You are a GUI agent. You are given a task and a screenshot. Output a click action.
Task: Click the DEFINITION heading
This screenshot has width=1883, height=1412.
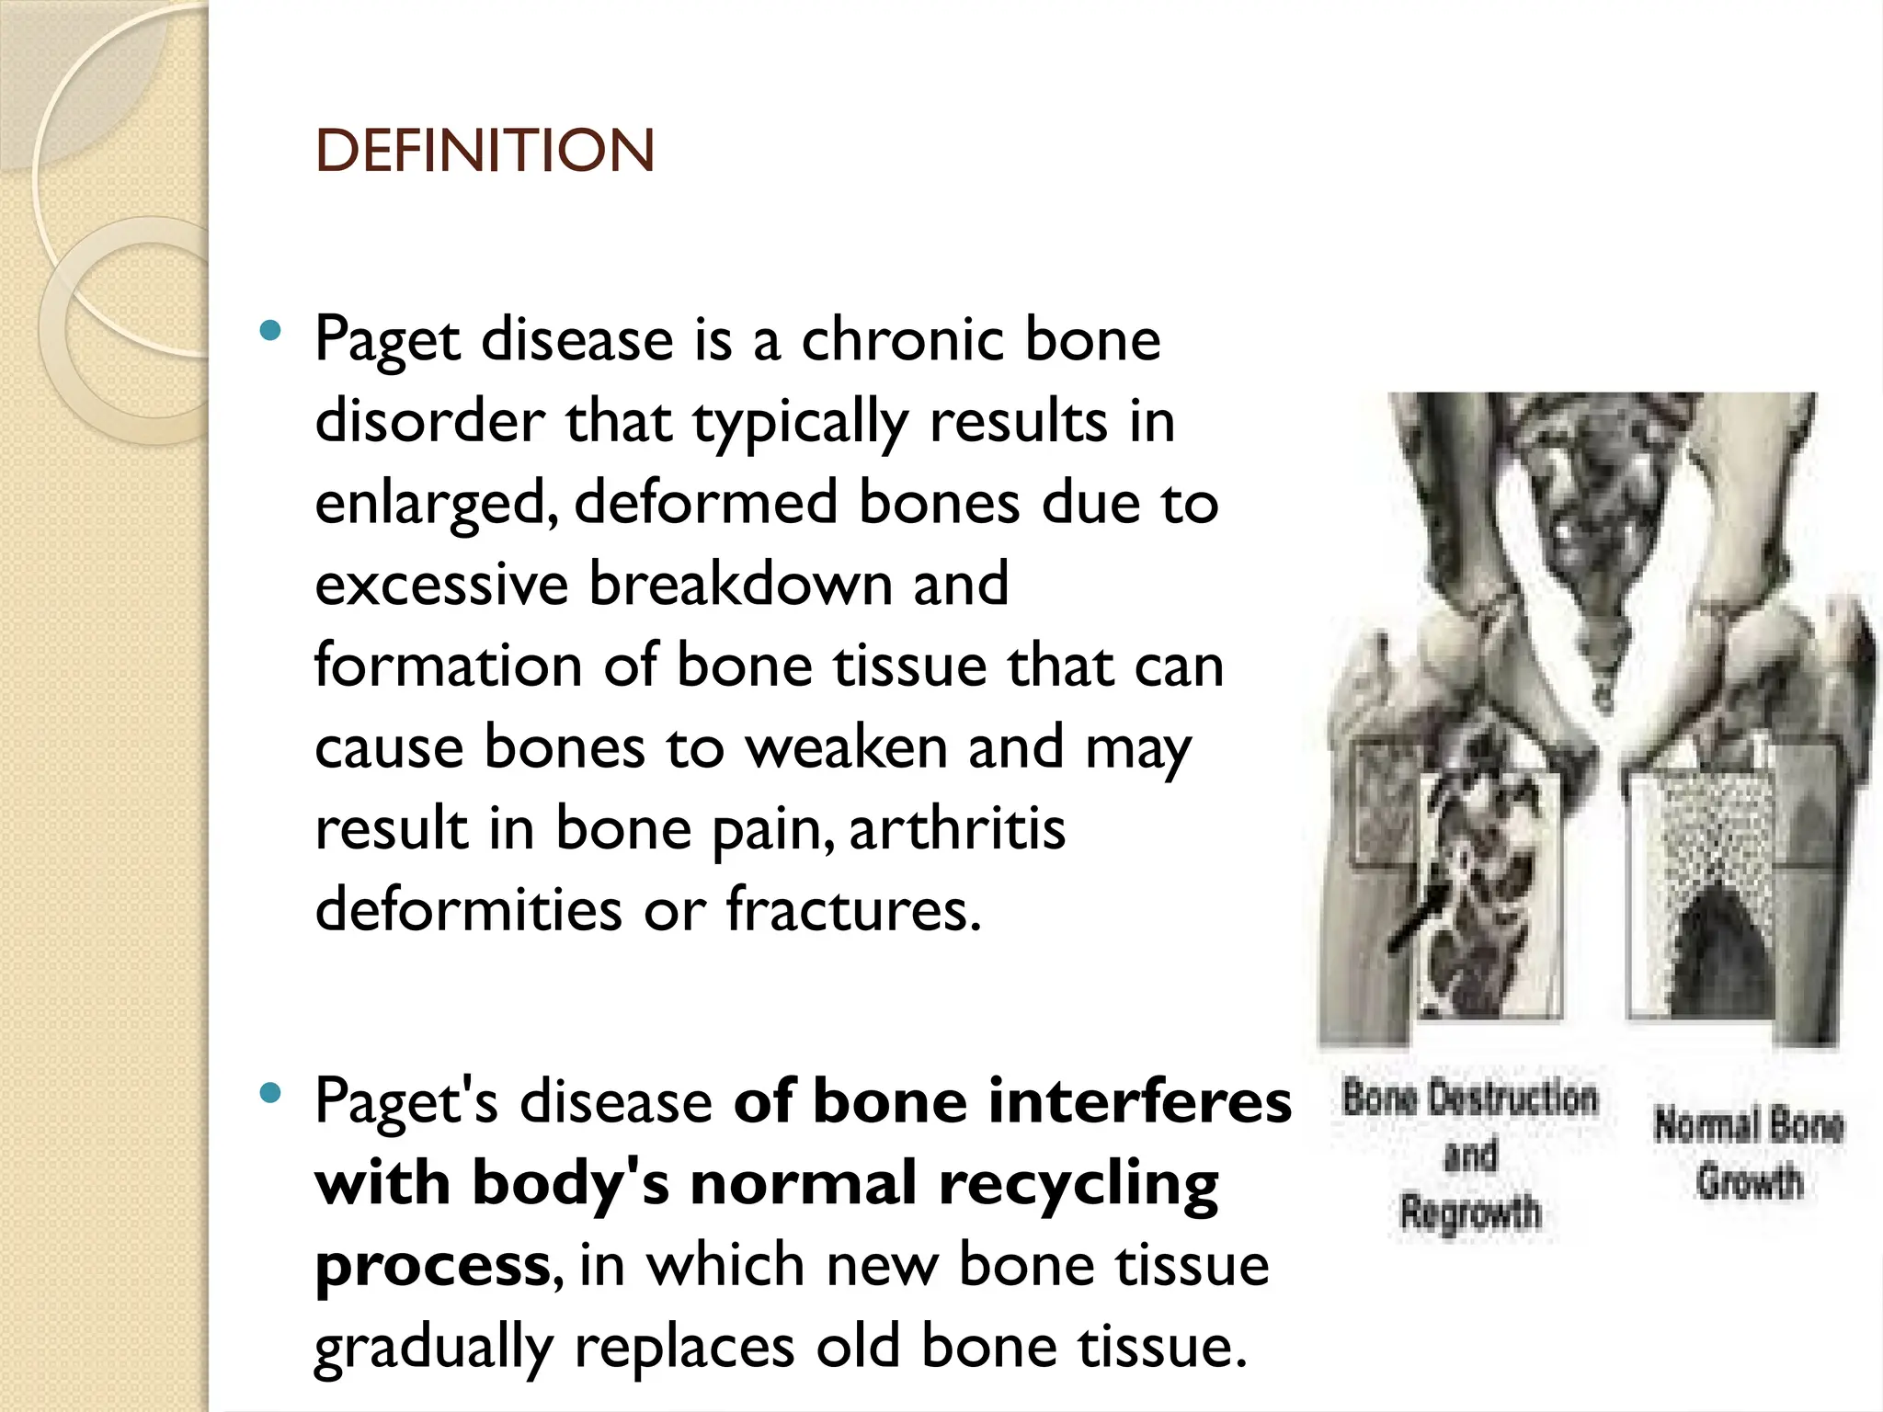tap(485, 151)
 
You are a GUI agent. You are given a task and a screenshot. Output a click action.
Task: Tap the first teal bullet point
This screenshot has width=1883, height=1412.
tap(269, 331)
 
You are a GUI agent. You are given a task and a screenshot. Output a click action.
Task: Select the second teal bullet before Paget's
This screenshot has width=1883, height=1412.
tap(269, 1093)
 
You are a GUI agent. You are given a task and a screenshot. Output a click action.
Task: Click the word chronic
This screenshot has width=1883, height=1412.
tap(901, 340)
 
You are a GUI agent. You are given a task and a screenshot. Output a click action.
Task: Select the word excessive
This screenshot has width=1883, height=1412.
tap(441, 585)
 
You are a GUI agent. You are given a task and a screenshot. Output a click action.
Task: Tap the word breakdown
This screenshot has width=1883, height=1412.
tap(740, 585)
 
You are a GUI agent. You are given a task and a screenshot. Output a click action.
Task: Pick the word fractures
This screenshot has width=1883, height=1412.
tap(853, 909)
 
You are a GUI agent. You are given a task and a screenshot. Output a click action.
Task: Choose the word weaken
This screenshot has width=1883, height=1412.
tap(846, 747)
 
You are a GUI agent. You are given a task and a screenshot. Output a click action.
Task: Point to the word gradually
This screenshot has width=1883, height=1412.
tap(434, 1348)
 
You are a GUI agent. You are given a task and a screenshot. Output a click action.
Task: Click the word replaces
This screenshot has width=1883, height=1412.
tap(684, 1348)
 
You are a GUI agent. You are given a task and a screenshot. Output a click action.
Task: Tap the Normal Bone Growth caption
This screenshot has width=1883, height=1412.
tap(1749, 1153)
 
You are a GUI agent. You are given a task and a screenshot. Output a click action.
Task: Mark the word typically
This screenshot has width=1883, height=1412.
tap(799, 423)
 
